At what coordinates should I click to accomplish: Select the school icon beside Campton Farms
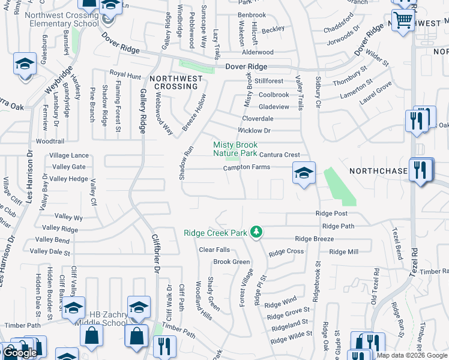click(x=304, y=173)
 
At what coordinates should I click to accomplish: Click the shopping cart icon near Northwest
click(x=403, y=19)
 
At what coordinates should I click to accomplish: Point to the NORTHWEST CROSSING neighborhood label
click(x=175, y=82)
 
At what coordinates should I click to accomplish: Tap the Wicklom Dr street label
click(x=255, y=130)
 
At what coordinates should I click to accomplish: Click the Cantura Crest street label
click(x=279, y=155)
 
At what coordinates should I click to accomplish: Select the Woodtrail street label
click(x=50, y=142)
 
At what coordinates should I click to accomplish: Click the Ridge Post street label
click(x=332, y=214)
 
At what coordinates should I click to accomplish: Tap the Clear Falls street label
click(x=214, y=250)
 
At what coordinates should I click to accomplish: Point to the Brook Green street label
click(x=232, y=262)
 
